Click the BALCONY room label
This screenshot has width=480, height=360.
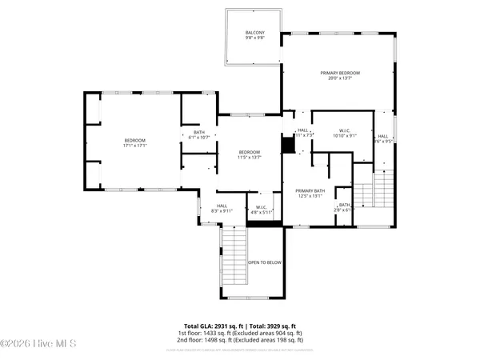255,32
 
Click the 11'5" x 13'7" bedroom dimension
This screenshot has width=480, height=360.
249,158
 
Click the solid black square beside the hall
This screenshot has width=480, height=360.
288,145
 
